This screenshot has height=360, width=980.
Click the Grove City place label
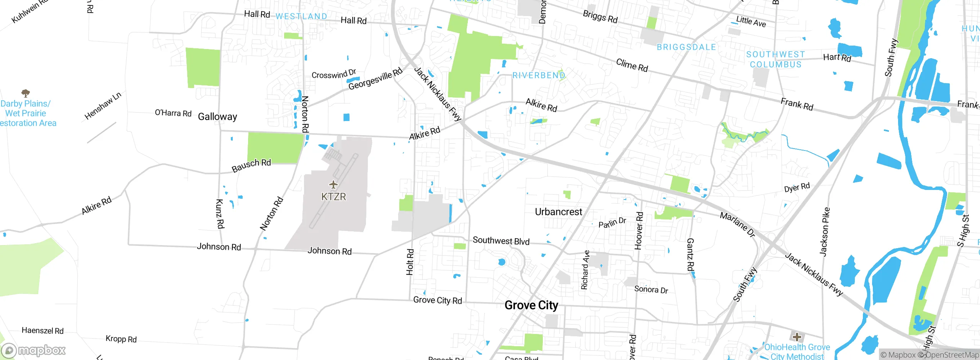pyautogui.click(x=531, y=305)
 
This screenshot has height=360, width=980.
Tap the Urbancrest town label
pyautogui.click(x=558, y=212)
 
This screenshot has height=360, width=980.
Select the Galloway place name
pyautogui.click(x=217, y=116)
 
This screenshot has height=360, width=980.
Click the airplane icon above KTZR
pyautogui.click(x=333, y=185)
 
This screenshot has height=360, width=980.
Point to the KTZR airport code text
pyautogui.click(x=333, y=197)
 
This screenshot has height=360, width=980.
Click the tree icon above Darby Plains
pyautogui.click(x=26, y=93)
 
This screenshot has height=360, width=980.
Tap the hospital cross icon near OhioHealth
pyautogui.click(x=797, y=337)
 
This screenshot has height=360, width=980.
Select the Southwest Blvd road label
pyautogui.click(x=501, y=241)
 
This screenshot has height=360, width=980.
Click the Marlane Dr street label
pyautogui.click(x=737, y=224)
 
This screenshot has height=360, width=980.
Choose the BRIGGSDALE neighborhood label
pyautogui.click(x=686, y=47)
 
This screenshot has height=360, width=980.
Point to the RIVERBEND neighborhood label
pyautogui.click(x=539, y=75)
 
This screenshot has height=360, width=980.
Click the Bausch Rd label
pyautogui.click(x=251, y=165)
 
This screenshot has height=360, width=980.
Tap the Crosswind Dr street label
pyautogui.click(x=334, y=74)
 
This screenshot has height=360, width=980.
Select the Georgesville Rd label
pyautogui.click(x=375, y=79)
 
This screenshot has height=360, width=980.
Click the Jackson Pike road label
pyautogui.click(x=825, y=232)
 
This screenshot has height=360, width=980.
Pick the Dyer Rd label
pyautogui.click(x=797, y=188)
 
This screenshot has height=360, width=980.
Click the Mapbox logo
pyautogui.click(x=34, y=350)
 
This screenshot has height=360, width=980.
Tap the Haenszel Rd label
pyautogui.click(x=42, y=331)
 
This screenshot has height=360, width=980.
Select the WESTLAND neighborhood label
pyautogui.click(x=301, y=16)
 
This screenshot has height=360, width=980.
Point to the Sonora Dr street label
pyautogui.click(x=651, y=290)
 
